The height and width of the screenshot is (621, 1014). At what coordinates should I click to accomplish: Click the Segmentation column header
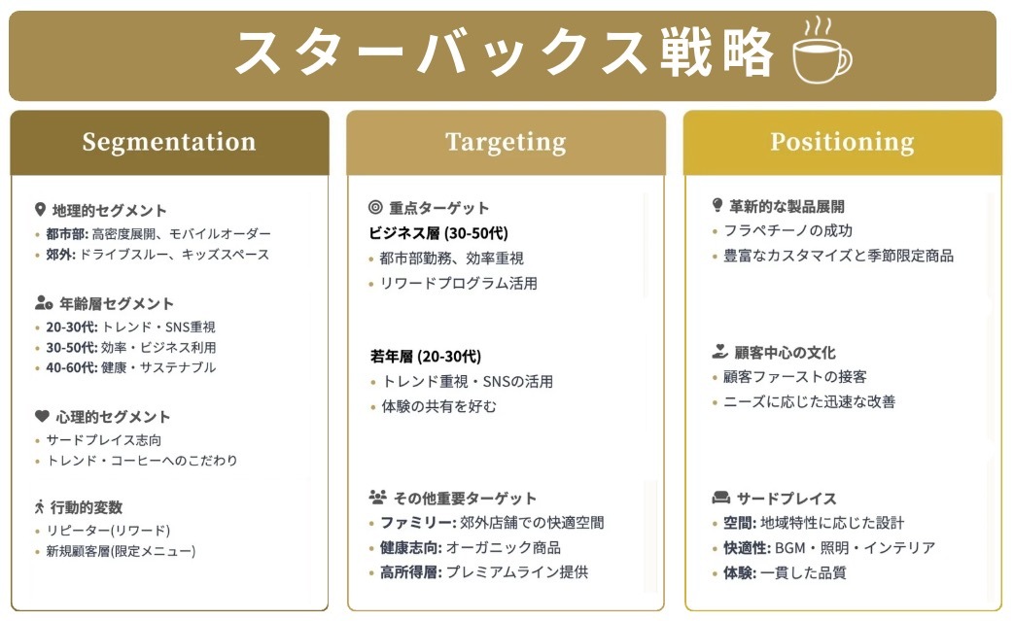tap(169, 142)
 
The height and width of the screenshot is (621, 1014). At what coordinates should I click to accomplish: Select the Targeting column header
tap(506, 142)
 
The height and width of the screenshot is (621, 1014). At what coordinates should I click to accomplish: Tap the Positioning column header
tap(842, 142)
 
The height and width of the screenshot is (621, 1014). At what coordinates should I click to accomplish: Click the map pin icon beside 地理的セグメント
tap(40, 210)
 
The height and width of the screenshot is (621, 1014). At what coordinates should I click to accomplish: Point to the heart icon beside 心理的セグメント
tap(41, 416)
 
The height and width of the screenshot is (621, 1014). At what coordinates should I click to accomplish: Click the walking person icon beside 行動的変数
tap(40, 506)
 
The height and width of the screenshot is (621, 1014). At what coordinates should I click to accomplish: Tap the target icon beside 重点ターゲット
tap(376, 207)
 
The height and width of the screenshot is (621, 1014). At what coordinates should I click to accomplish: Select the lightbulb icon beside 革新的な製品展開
tap(717, 205)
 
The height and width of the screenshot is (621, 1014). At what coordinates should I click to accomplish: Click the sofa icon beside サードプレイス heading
tap(720, 498)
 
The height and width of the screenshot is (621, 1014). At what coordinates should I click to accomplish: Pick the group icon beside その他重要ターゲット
tap(378, 497)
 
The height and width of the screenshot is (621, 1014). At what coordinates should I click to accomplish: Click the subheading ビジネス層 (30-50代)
tap(438, 233)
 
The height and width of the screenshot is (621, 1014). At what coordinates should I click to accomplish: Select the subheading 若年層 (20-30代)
tap(425, 356)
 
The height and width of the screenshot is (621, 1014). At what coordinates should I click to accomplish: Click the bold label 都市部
tap(65, 234)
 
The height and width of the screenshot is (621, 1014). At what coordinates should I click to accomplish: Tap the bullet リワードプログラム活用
tap(459, 284)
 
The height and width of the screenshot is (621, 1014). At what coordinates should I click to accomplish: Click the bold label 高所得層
tap(410, 572)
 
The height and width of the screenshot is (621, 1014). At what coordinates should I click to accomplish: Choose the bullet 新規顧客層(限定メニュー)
tap(121, 551)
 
